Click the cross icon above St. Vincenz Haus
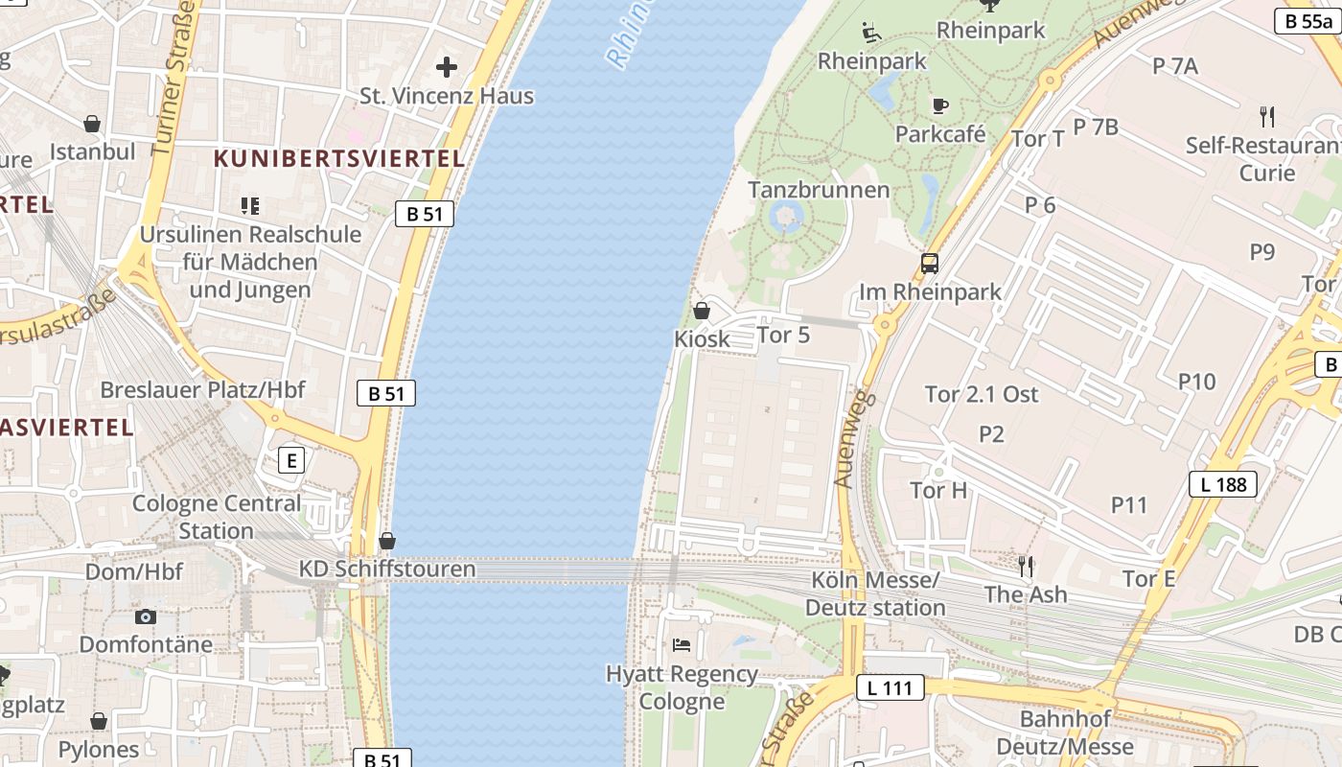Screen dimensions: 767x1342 coord(447,67)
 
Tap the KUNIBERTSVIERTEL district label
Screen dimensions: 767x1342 coord(339,159)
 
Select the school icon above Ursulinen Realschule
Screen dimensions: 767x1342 coord(250,205)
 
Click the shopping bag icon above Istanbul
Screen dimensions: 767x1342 coord(92,124)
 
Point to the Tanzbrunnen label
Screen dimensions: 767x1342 coord(819,190)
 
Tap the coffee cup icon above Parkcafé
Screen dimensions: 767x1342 coord(939,105)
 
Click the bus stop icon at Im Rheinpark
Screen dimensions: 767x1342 coord(929,264)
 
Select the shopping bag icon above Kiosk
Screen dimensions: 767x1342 coord(702,311)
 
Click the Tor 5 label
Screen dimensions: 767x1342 coord(783,335)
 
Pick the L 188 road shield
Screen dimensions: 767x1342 coord(1223,484)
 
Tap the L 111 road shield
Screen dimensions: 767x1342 coord(891,687)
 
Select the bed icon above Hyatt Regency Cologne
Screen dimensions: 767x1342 coord(682,644)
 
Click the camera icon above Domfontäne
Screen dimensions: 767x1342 coord(146,616)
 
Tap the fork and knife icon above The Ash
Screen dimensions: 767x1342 coord(1026,566)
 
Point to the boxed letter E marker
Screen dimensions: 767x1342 coord(291,460)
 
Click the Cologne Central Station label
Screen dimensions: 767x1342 coord(217,517)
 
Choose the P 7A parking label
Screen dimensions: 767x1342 coord(1175,66)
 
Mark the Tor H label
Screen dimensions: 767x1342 coord(938,491)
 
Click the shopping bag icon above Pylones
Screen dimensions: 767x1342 coord(99,721)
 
